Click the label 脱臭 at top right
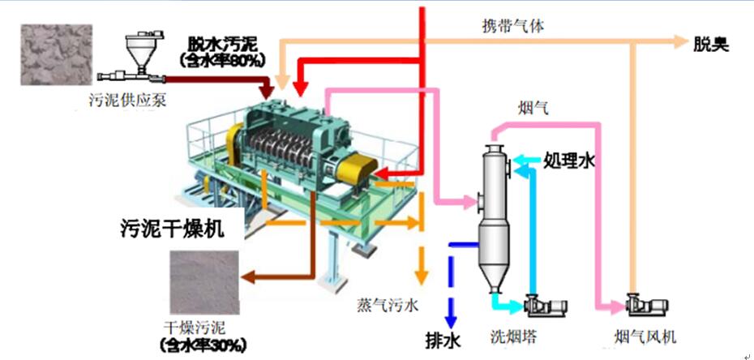(710, 45)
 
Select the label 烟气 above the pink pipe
(533, 108)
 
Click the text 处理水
(568, 161)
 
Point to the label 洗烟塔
(512, 335)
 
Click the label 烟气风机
(645, 335)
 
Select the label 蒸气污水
(388, 306)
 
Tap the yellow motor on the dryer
(355, 170)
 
